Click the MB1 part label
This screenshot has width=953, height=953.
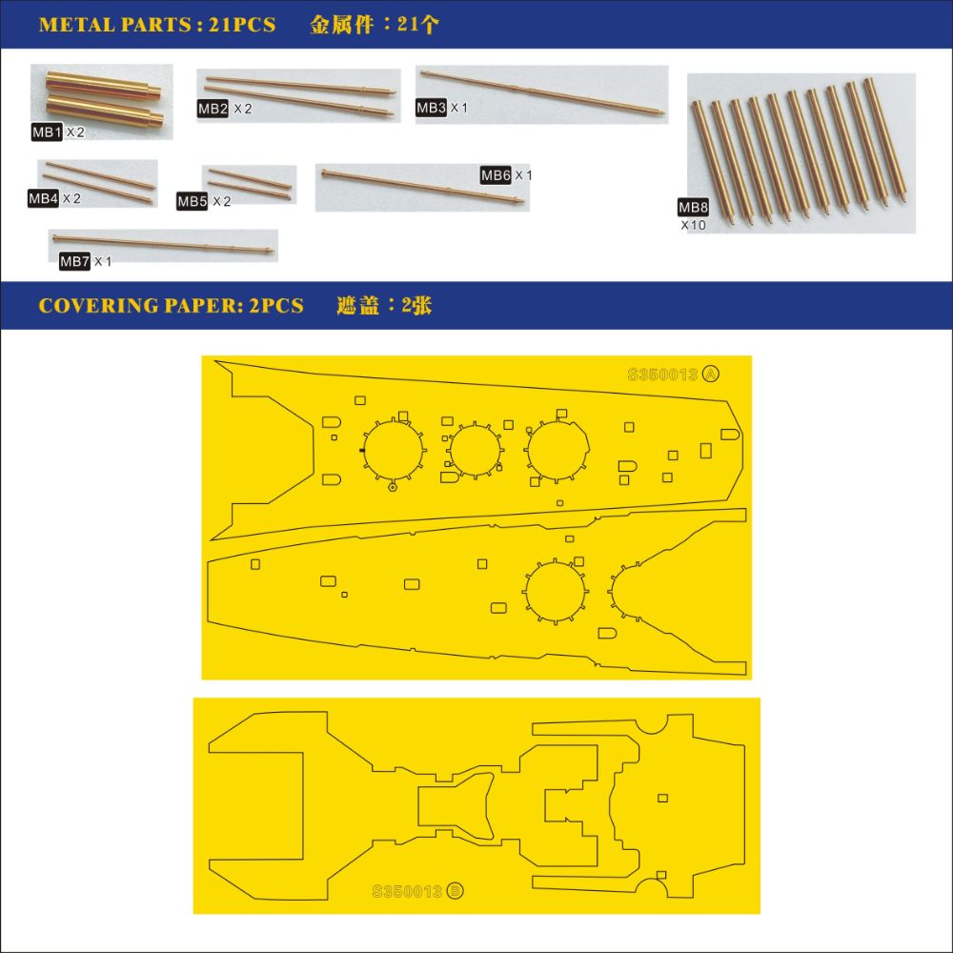click(x=47, y=132)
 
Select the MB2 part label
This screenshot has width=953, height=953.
click(x=213, y=109)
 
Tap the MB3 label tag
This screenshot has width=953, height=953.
click(x=431, y=108)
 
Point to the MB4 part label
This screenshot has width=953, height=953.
click(x=43, y=198)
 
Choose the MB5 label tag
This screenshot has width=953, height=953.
click(x=193, y=201)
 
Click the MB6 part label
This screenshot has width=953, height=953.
click(x=496, y=175)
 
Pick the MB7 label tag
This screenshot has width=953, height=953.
click(x=74, y=261)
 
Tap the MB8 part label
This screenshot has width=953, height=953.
click(x=693, y=207)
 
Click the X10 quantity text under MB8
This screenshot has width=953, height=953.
click(x=694, y=225)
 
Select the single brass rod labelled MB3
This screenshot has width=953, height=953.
click(x=541, y=92)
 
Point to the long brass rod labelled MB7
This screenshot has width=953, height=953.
click(x=163, y=244)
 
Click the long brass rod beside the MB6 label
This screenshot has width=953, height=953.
click(x=422, y=186)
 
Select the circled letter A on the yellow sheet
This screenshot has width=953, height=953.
click(x=711, y=374)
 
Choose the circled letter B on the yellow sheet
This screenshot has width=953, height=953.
click(x=455, y=891)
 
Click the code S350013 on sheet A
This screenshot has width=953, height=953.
click(x=662, y=375)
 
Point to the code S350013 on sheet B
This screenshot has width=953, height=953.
click(x=407, y=892)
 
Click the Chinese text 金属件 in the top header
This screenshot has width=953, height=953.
click(x=341, y=25)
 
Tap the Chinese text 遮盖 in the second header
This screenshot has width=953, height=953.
click(x=358, y=305)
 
